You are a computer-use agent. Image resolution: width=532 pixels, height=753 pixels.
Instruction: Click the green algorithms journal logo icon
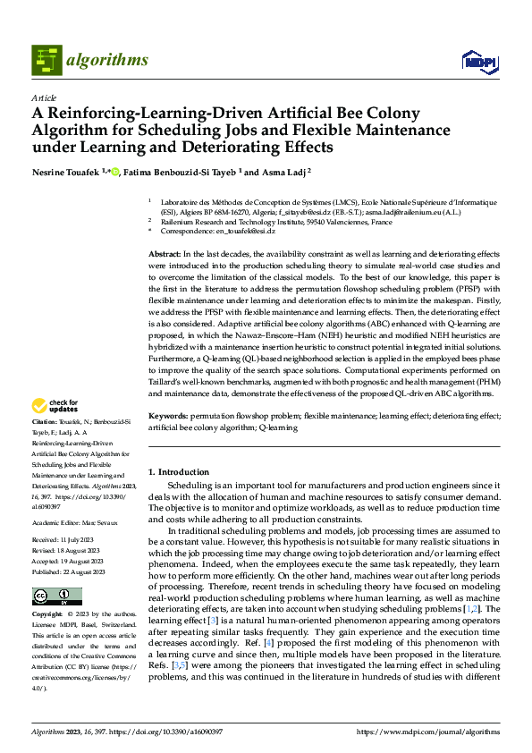(47, 60)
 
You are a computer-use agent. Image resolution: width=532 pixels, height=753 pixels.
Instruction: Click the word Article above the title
(44, 97)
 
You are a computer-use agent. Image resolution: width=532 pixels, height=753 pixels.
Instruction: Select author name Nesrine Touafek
(65, 171)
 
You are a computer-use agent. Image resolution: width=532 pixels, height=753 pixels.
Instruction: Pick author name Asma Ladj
(284, 171)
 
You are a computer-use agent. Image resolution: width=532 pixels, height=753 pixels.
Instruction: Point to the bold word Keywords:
(167, 417)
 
